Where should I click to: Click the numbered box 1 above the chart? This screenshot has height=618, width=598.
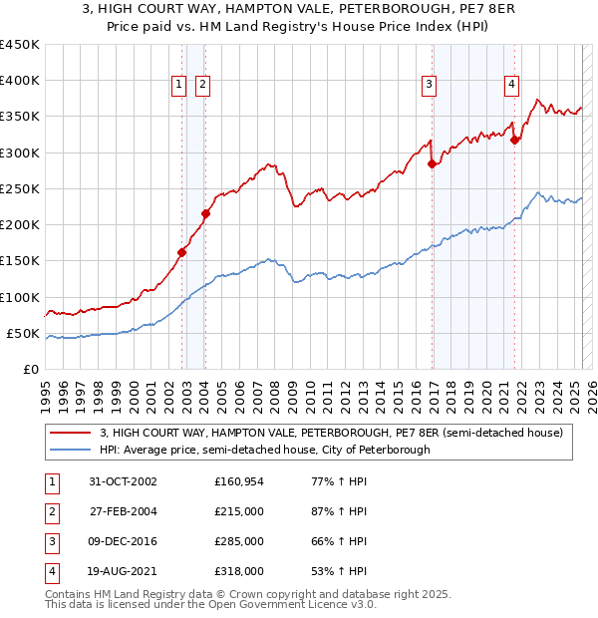coord(179,85)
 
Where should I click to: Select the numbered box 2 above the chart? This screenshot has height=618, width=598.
coord(202,85)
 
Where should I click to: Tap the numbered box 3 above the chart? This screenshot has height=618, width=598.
coord(429,85)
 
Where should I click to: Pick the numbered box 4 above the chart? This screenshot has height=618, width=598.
coord(511,85)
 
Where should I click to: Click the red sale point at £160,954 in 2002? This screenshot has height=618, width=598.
coord(182,252)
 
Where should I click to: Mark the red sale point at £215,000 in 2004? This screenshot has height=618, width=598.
coord(205,213)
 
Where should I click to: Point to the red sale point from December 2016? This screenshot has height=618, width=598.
coord(432,163)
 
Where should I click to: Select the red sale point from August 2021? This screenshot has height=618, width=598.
coord(515,140)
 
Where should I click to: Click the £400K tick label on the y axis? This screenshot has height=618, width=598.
coord(20,81)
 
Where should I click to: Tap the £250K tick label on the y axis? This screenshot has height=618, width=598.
coord(20,188)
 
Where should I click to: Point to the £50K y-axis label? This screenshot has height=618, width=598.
coord(24,333)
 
